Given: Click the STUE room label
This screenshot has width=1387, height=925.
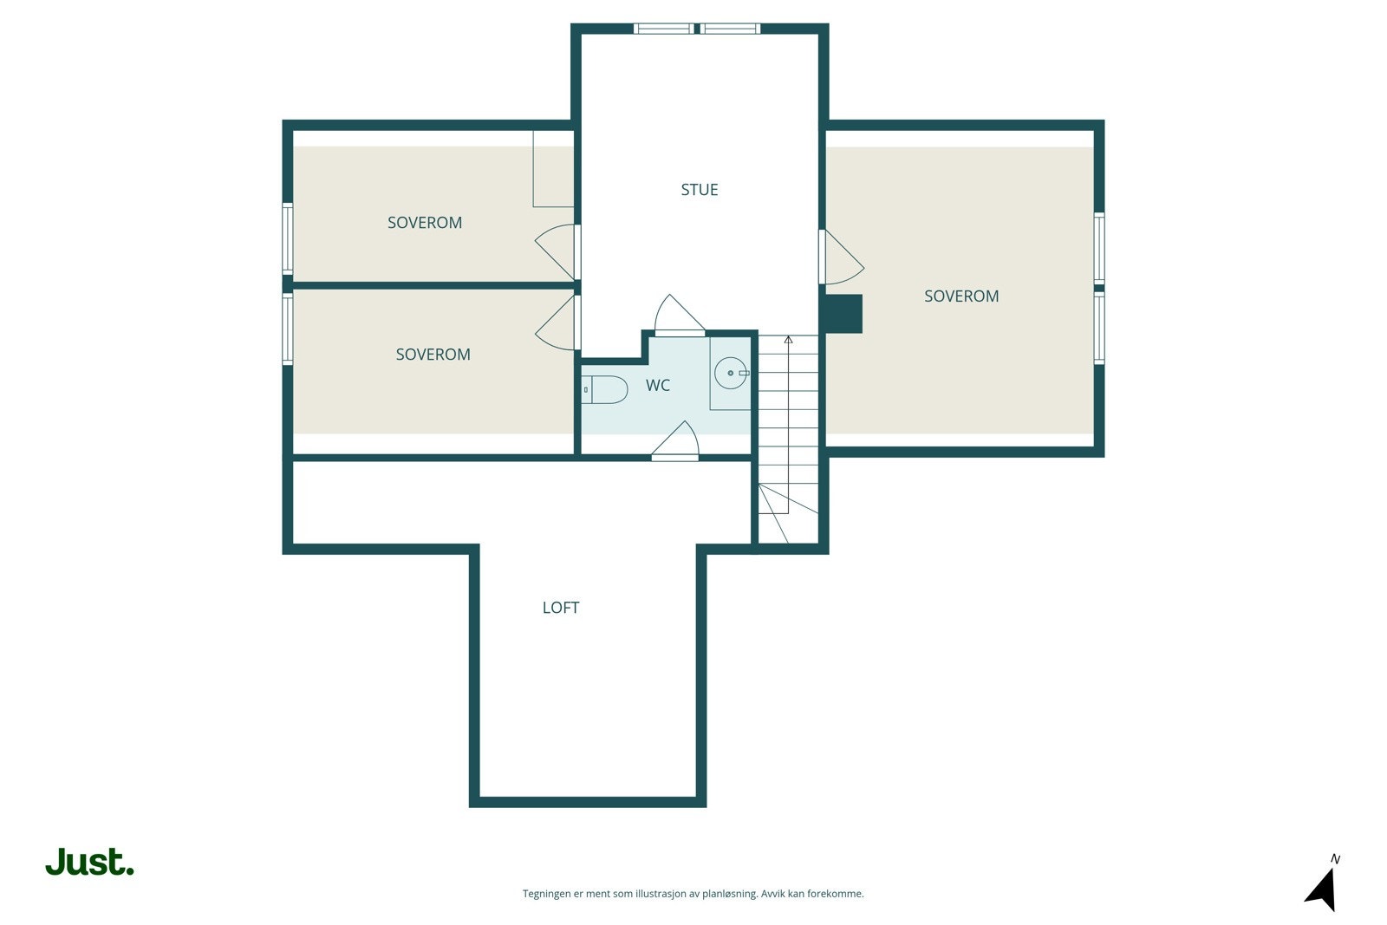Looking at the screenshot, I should (x=699, y=190).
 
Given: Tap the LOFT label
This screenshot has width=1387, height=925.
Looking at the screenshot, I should (x=560, y=608).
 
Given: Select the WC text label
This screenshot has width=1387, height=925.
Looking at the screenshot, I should (x=657, y=386).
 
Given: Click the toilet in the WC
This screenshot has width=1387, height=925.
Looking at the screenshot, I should (x=605, y=390).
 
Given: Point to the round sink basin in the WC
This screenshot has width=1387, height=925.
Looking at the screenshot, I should (x=730, y=373).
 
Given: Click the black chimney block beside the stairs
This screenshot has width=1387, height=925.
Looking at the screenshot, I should (x=842, y=314).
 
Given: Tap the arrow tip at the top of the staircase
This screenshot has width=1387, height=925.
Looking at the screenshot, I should (x=788, y=340).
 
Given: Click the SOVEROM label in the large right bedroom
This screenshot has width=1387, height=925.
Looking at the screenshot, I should (x=960, y=296).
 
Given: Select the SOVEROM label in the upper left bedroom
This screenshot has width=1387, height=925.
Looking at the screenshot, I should (x=424, y=223).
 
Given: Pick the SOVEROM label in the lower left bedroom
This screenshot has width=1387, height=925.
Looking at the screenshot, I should (x=433, y=355).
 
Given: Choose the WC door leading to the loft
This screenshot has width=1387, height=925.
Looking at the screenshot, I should (x=676, y=440).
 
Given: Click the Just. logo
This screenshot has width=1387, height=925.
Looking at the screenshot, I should (x=89, y=863).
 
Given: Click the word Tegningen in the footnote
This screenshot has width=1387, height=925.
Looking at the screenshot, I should (x=546, y=894).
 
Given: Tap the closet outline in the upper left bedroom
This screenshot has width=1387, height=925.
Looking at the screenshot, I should (x=553, y=169).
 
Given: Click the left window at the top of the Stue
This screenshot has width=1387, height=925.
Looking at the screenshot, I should (x=663, y=29).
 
